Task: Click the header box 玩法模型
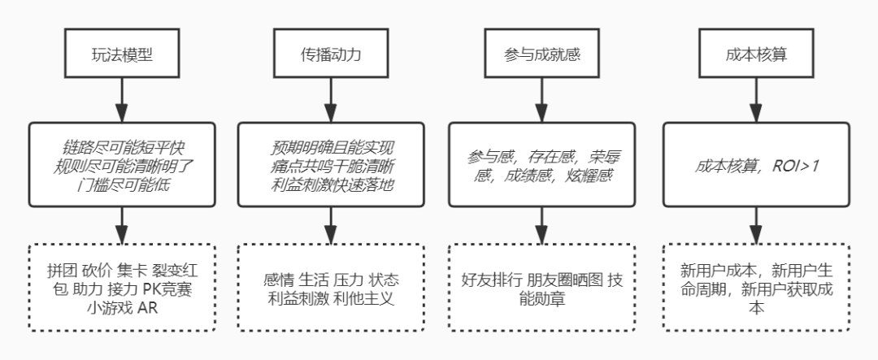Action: pos(122,56)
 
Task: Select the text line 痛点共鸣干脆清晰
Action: pos(332,166)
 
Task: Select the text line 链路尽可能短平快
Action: pos(122,147)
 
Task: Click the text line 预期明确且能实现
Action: pos(332,147)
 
